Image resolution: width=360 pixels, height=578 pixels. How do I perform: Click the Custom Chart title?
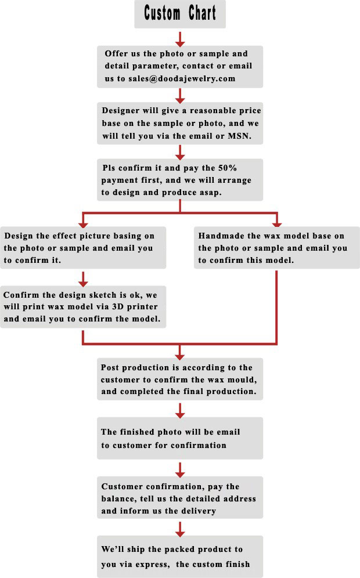[180, 13]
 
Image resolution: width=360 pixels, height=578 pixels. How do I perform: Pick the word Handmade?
[219, 236]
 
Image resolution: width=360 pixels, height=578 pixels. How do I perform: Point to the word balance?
[120, 499]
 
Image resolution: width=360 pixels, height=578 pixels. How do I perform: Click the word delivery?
[200, 511]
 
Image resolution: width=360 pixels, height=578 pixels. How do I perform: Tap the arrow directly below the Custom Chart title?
[180, 38]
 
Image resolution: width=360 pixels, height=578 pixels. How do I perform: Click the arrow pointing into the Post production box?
[180, 351]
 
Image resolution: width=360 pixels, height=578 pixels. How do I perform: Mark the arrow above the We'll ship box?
[180, 528]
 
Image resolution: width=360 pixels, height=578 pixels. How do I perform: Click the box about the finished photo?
[180, 439]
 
